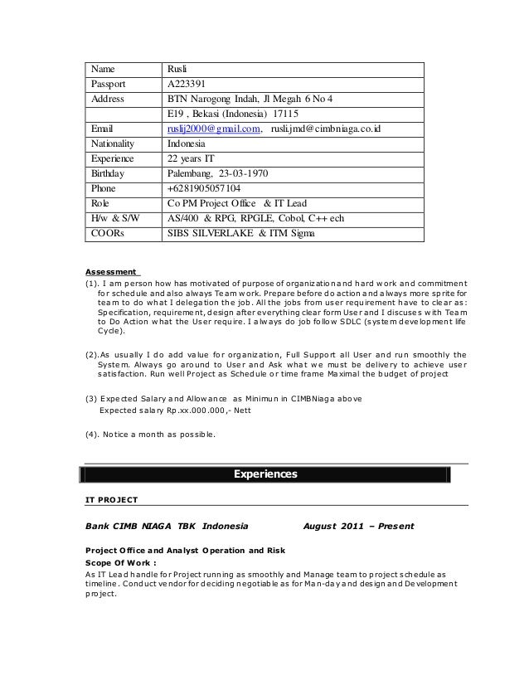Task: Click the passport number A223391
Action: pyautogui.click(x=188, y=84)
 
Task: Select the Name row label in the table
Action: pyautogui.click(x=104, y=69)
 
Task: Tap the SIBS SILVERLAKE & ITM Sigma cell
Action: pyautogui.click(x=240, y=233)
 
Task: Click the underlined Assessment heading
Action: pyautogui.click(x=111, y=270)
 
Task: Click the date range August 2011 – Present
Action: pyautogui.click(x=359, y=526)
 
